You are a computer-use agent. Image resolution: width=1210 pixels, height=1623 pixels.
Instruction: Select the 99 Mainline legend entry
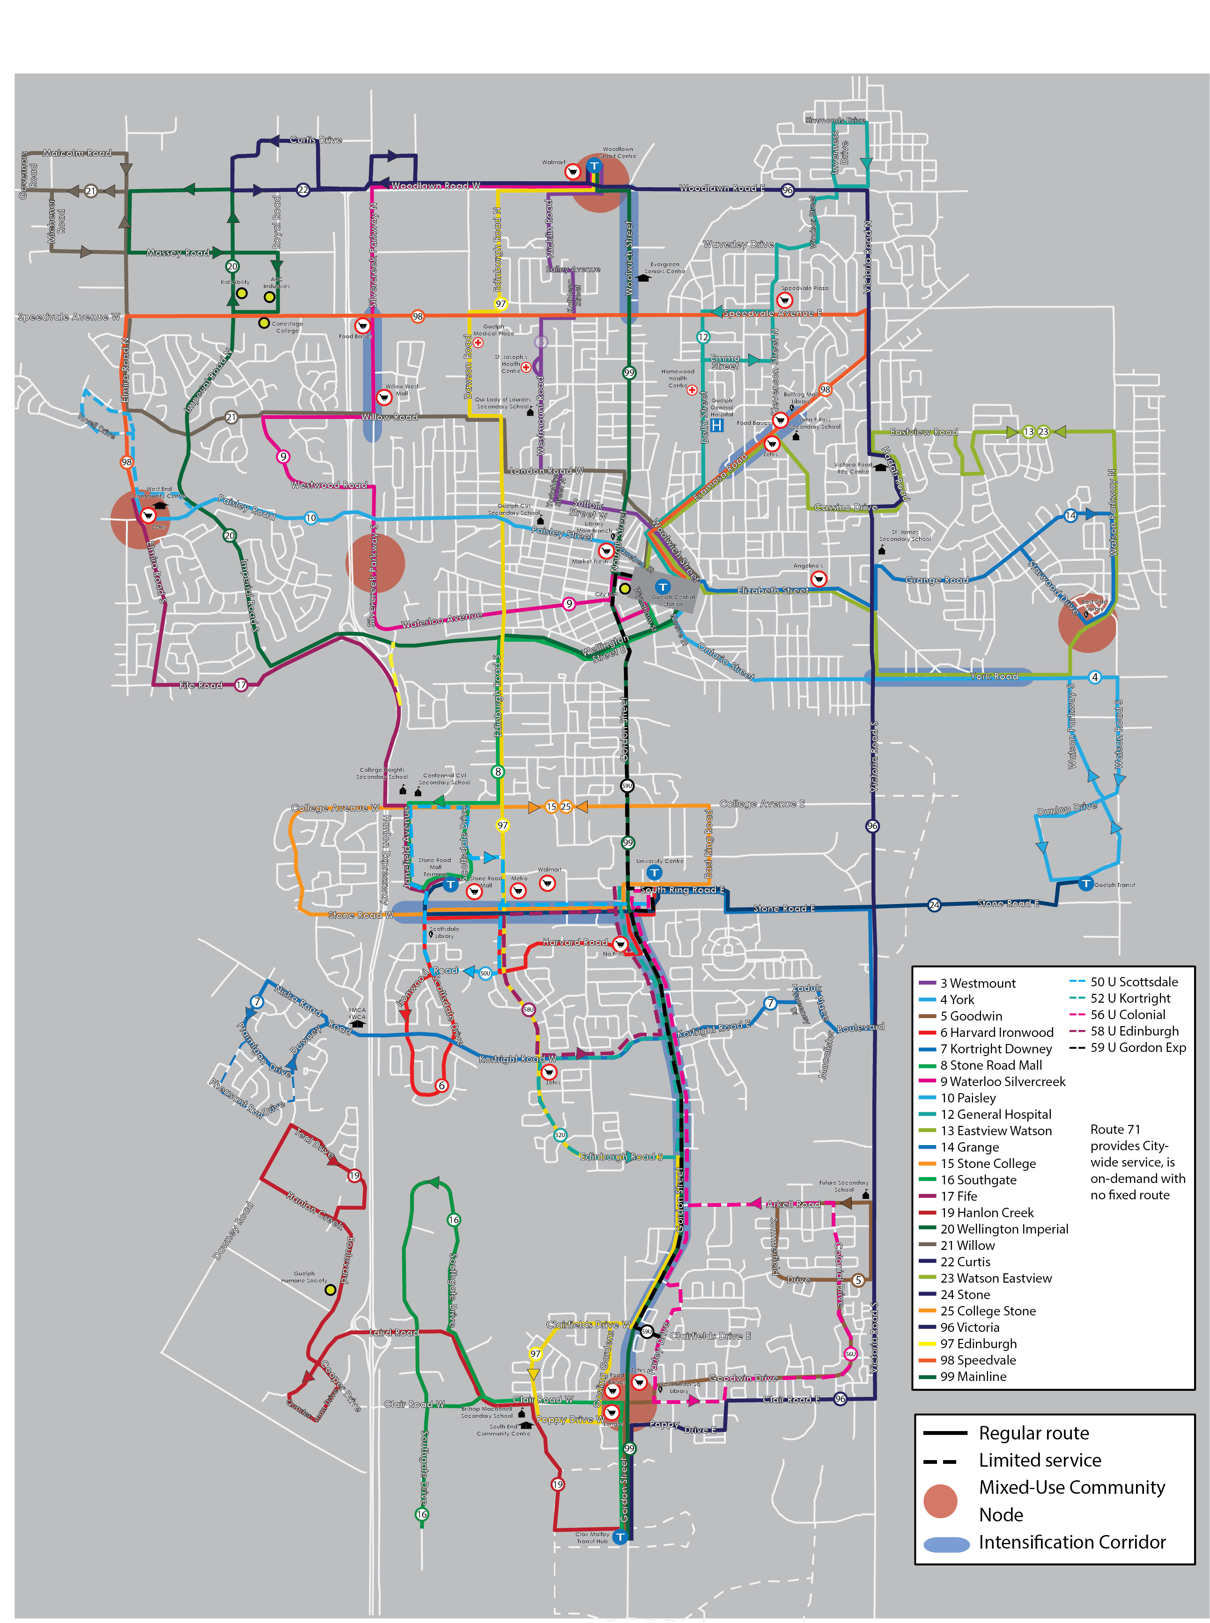pyautogui.click(x=973, y=1376)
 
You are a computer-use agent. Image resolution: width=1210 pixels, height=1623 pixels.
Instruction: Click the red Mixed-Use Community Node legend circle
pyautogui.click(x=940, y=1501)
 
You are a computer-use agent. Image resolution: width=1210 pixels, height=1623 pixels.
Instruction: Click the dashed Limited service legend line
pyautogui.click(x=940, y=1461)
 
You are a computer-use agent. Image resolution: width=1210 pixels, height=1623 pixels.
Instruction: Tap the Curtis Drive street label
pyautogui.click(x=316, y=140)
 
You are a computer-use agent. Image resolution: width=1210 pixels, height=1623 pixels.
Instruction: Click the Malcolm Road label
pyautogui.click(x=77, y=153)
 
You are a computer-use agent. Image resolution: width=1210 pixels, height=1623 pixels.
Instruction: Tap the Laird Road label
pyautogui.click(x=394, y=1332)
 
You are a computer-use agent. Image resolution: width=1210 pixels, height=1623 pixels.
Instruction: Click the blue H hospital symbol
pyautogui.click(x=716, y=425)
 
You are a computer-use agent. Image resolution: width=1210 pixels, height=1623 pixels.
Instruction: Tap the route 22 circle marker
pyautogui.click(x=302, y=190)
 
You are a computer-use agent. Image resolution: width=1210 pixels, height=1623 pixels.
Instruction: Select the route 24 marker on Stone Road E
pyautogui.click(x=934, y=905)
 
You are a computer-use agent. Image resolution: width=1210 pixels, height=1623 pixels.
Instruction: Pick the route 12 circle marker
pyautogui.click(x=703, y=337)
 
